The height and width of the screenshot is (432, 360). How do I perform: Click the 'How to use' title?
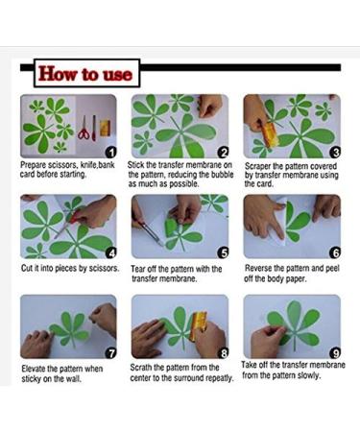85,74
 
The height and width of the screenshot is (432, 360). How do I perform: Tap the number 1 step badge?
111,153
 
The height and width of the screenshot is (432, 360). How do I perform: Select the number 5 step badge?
223,253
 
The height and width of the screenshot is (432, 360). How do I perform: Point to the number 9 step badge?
335,353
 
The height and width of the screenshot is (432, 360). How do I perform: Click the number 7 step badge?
111,353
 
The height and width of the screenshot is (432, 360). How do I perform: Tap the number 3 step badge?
335,153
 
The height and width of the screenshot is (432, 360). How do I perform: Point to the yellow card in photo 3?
270,135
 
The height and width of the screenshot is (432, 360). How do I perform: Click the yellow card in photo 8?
198,324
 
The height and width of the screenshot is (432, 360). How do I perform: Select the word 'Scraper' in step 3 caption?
258,166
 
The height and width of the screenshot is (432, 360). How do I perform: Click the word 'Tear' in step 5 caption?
138,269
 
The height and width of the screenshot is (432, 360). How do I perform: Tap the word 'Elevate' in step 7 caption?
34,369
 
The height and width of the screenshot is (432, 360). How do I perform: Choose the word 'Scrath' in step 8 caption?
141,368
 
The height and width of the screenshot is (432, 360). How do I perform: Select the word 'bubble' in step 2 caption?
223,175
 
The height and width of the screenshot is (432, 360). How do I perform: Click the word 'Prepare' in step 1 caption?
33,165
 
